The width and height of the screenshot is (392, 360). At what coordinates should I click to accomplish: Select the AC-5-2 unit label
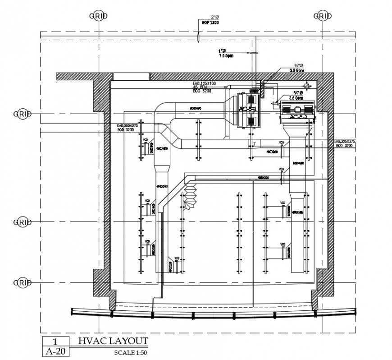pyautogui.click(x=298, y=117)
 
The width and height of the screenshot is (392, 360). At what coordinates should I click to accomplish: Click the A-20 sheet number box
pyautogui.click(x=55, y=351)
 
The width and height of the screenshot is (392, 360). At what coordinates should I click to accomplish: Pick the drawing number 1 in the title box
pyautogui.click(x=55, y=342)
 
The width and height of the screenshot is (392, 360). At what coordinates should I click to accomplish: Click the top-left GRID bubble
pyautogui.click(x=98, y=16)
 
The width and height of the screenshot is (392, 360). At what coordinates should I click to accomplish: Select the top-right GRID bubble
pyautogui.click(x=323, y=16)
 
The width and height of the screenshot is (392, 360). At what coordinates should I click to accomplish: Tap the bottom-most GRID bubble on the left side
pyautogui.click(x=23, y=283)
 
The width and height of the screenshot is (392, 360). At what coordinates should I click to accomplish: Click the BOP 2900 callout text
pyautogui.click(x=210, y=22)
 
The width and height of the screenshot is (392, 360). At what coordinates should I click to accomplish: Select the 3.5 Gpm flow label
pyautogui.click(x=296, y=71)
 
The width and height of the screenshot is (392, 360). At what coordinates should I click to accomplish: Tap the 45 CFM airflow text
pyautogui.click(x=200, y=87)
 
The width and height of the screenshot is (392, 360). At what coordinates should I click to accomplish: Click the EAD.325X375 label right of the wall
pyautogui.click(x=345, y=142)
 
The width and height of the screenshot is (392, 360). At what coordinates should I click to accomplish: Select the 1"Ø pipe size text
pyautogui.click(x=223, y=52)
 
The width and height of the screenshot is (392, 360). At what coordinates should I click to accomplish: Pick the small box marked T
pyautogui.click(x=255, y=143)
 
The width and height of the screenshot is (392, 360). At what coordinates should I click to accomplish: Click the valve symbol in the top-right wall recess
pyautogui.click(x=306, y=85)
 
